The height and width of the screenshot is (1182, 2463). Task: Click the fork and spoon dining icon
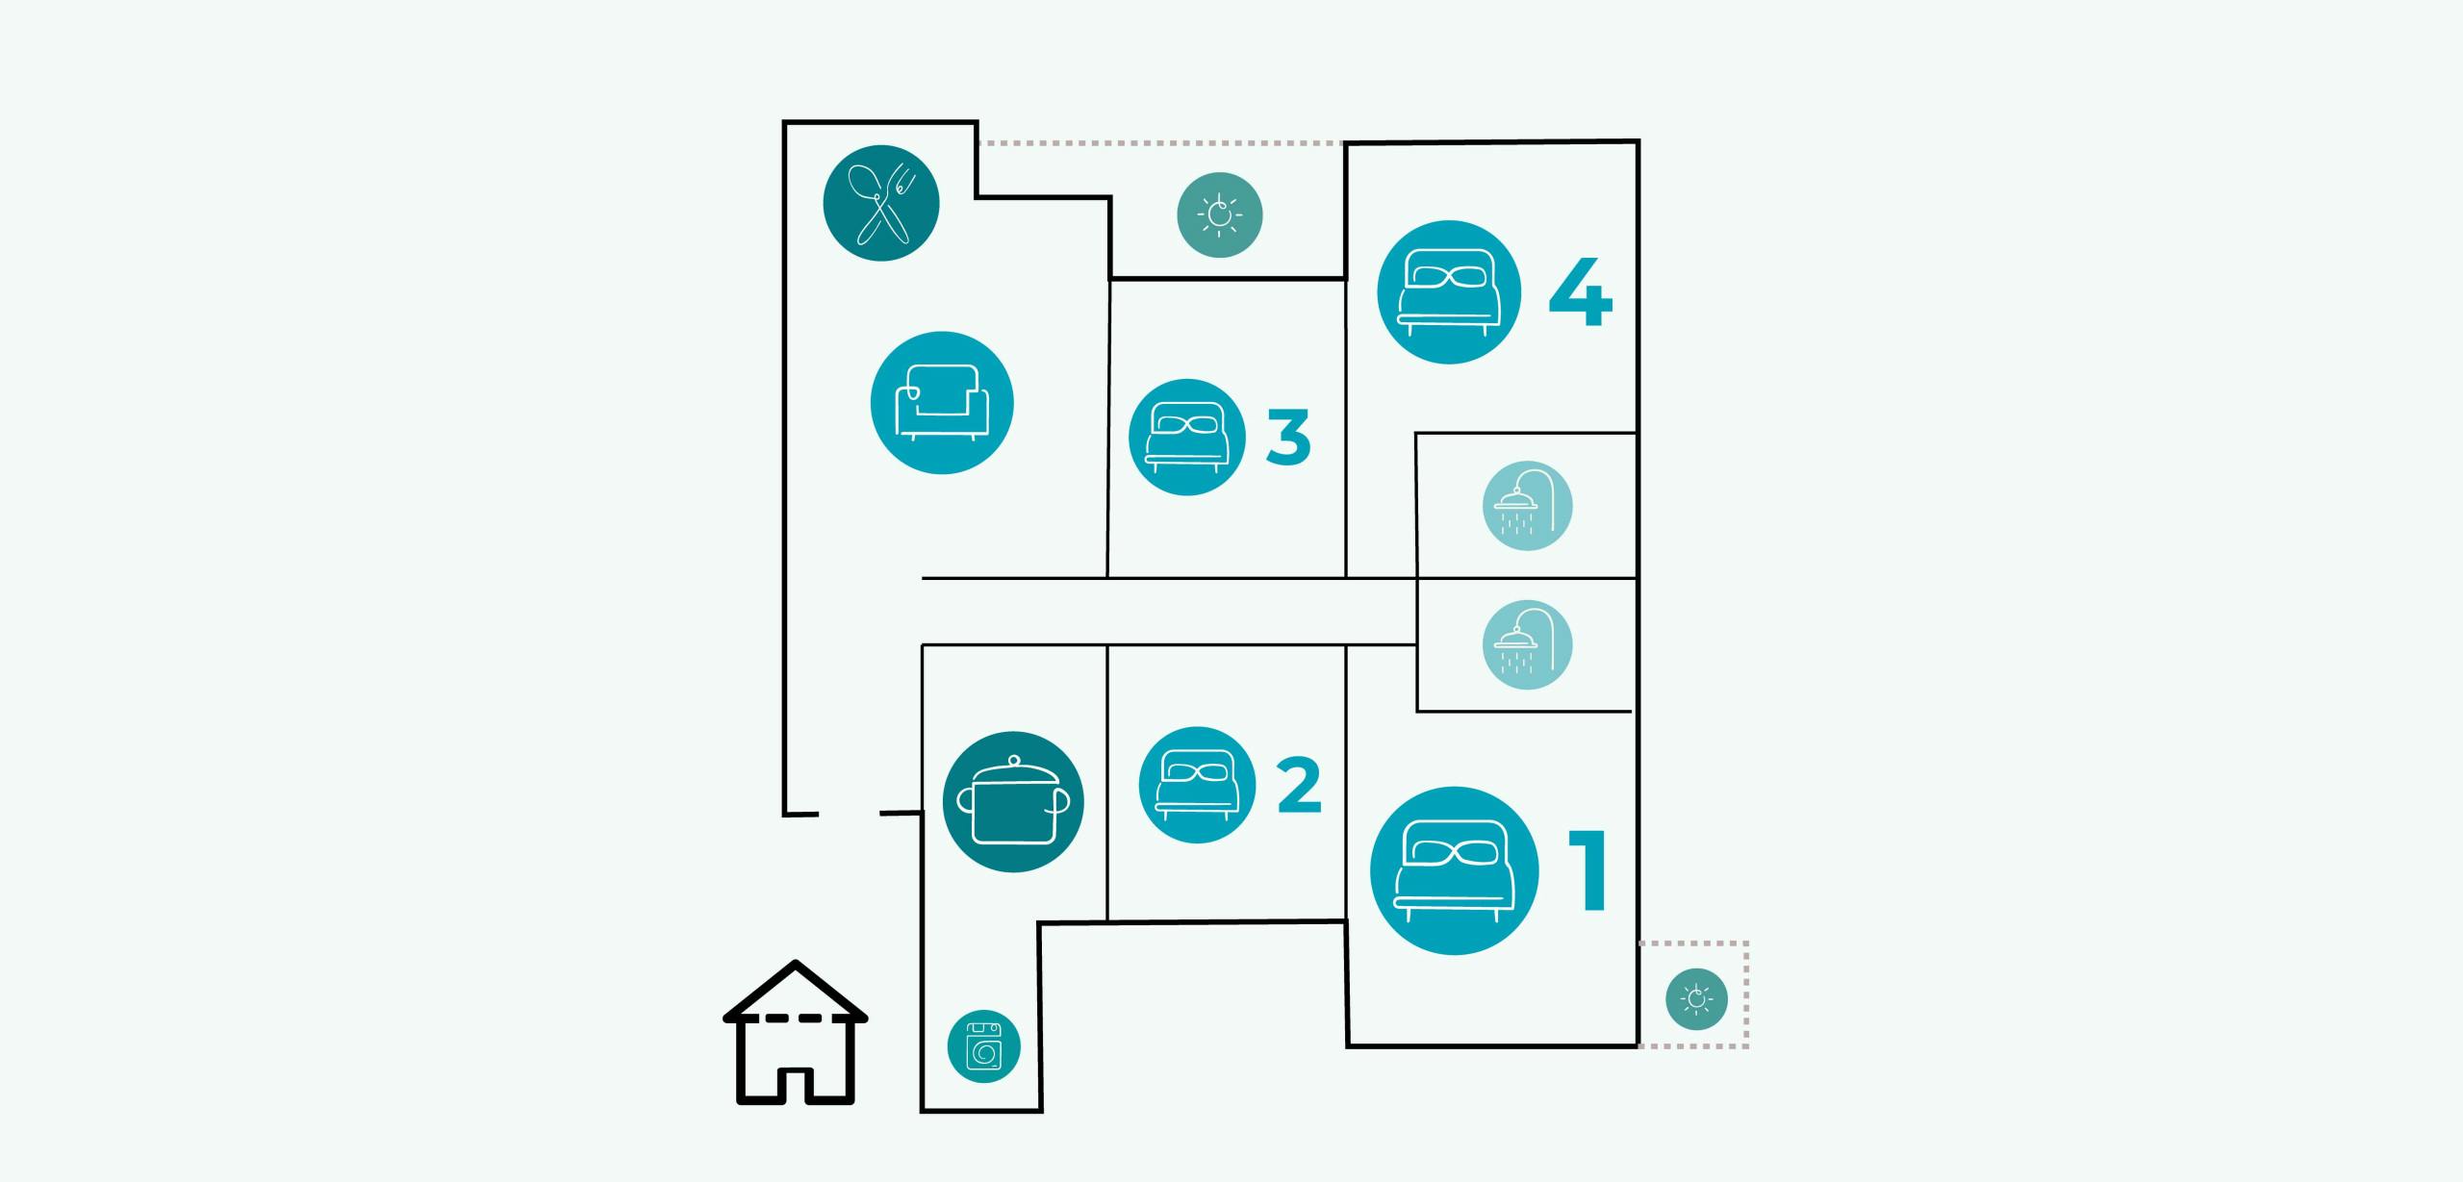coord(880,203)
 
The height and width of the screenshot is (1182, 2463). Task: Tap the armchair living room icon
coord(941,403)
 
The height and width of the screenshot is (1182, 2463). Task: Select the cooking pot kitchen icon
coord(1012,802)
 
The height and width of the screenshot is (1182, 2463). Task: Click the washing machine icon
coord(983,1045)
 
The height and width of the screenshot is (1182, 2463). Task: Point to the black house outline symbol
coord(796,1034)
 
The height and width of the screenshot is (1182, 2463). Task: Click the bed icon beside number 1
coord(1454,870)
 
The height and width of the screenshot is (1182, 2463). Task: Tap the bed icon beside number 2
coord(1197,785)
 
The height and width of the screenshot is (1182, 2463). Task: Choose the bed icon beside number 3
coord(1186,438)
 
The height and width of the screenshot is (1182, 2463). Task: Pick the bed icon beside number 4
coord(1449,292)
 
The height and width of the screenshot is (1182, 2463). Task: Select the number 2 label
coord(1299,786)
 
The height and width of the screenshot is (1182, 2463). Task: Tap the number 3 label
coord(1288,438)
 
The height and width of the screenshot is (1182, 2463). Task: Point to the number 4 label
coord(1580,292)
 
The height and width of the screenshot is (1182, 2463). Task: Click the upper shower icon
coord(1527,506)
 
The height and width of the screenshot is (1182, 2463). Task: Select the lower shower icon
coord(1527,644)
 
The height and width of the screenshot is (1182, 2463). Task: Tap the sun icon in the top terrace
coord(1220,214)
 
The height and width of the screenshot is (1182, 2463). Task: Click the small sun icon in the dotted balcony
coord(1696,999)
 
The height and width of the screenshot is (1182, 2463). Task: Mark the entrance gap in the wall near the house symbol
coord(850,814)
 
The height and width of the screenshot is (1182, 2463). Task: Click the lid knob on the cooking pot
coord(1012,761)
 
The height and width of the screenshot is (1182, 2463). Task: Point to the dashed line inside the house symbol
coord(796,1018)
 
